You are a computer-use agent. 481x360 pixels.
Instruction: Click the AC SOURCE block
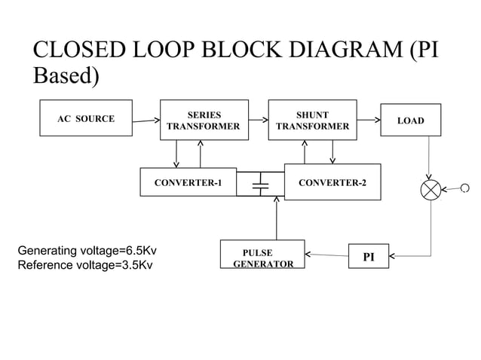pos(86,119)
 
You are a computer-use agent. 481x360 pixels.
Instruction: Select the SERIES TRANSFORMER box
pos(204,121)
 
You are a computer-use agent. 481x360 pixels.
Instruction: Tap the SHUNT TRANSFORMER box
pos(311,121)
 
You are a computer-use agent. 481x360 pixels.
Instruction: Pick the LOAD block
pos(410,121)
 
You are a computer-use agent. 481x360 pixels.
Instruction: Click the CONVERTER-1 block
pos(188,182)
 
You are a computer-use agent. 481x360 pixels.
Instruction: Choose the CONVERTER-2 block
pos(332,182)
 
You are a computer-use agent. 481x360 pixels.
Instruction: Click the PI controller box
pos(368,257)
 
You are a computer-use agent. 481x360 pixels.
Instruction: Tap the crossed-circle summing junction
pos(431,190)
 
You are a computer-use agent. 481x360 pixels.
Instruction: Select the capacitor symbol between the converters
pos(260,184)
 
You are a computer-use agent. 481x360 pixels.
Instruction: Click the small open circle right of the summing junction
pos(464,188)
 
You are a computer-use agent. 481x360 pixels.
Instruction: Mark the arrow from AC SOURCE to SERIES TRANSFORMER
pos(146,121)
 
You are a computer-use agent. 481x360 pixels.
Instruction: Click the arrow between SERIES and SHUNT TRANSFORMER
pos(259,119)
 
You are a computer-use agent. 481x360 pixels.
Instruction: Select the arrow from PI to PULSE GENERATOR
pos(326,255)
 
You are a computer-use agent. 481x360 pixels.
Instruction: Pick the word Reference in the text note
pos(44,264)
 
